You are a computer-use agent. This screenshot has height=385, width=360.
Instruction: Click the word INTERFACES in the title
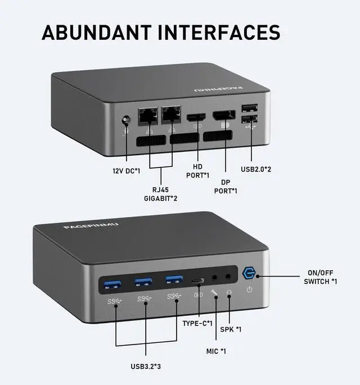[x=219, y=32]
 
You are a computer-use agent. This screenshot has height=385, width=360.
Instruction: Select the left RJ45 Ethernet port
[x=148, y=116]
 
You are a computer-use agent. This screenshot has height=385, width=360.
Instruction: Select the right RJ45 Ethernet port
[x=171, y=115]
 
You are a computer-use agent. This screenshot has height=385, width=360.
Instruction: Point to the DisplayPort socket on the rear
[x=223, y=116]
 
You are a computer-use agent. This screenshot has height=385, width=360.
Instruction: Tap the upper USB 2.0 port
[x=248, y=108]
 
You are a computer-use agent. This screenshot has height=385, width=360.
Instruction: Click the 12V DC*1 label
[x=127, y=170]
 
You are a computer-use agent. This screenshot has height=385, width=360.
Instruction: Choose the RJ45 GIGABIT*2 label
[x=160, y=194]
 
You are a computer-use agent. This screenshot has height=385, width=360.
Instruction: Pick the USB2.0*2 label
[x=256, y=169]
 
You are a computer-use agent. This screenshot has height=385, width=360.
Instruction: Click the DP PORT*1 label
[x=226, y=187]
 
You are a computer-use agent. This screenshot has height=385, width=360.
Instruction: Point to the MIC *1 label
[x=215, y=351]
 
